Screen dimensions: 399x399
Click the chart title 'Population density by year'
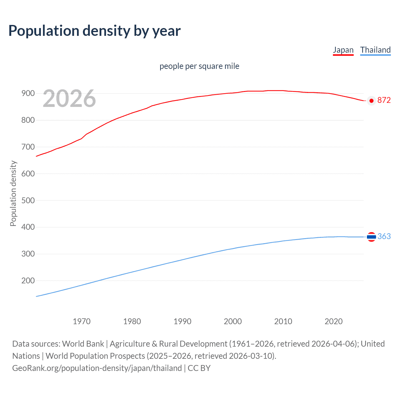point(94,31)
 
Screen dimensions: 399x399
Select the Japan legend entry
point(343,50)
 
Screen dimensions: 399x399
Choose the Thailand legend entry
point(375,50)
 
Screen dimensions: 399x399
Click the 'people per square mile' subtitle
point(199,66)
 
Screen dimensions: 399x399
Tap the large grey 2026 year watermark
point(69,99)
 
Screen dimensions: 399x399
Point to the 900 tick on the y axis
point(28,93)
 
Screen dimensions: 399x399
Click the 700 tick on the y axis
point(28,147)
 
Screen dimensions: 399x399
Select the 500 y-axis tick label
point(28,200)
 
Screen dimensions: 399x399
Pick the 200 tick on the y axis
point(28,281)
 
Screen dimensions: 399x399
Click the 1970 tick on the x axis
point(82,321)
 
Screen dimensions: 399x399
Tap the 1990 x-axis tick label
point(182,321)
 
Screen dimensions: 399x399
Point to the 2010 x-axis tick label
point(283,321)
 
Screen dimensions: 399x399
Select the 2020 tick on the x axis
point(334,321)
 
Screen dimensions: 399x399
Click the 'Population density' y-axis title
point(13,193)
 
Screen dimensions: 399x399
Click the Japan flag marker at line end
point(371,101)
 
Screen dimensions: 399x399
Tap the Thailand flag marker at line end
point(371,237)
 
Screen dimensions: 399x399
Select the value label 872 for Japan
point(384,100)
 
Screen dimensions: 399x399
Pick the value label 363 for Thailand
point(384,236)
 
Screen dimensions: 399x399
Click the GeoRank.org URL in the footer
point(97,368)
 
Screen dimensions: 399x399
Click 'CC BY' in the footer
point(199,368)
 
